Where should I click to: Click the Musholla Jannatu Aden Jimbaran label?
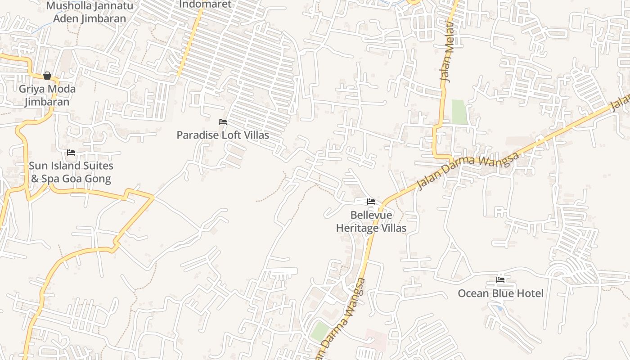[x=90, y=12]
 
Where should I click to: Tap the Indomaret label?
[x=205, y=4]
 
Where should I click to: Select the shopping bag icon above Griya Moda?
[x=47, y=76]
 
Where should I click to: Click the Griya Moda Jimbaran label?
[x=47, y=95]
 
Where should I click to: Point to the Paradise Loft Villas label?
[x=223, y=135]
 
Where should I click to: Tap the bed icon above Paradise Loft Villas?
[x=223, y=122]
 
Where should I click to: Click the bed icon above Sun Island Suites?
[x=71, y=153]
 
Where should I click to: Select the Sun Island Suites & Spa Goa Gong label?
[x=71, y=172]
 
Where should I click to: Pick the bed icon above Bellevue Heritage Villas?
[x=371, y=202]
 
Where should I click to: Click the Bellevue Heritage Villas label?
[x=371, y=222]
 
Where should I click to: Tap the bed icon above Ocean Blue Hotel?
[x=500, y=280]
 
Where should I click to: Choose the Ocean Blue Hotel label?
[x=500, y=293]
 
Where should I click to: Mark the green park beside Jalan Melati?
[x=460, y=112]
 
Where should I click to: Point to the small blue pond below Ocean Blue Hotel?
[x=499, y=308]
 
